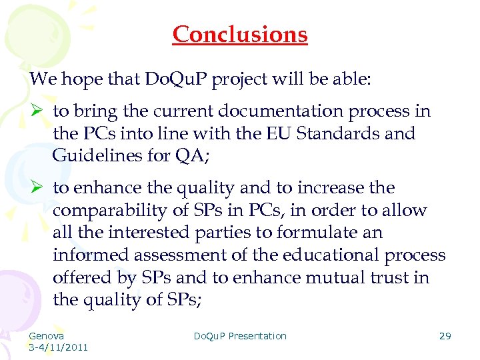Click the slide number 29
(445, 336)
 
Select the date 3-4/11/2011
(59, 347)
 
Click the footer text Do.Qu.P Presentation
(240, 336)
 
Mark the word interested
(143, 233)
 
